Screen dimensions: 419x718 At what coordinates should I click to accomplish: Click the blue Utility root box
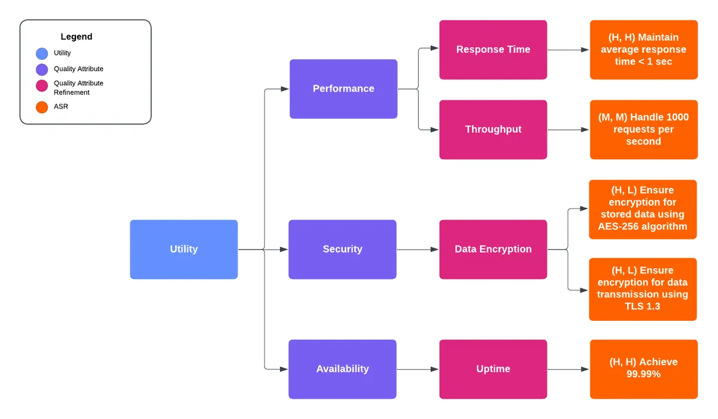pyautogui.click(x=184, y=249)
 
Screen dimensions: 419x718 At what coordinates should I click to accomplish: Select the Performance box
pyautogui.click(x=343, y=89)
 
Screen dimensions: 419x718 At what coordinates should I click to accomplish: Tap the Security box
pyautogui.click(x=342, y=249)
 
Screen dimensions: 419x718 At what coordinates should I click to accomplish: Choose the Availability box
pyautogui.click(x=342, y=369)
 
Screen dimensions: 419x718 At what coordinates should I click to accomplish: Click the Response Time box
pyautogui.click(x=493, y=50)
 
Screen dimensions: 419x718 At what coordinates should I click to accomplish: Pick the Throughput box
pyautogui.click(x=493, y=129)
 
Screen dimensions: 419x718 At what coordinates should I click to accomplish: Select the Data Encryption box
pyautogui.click(x=493, y=249)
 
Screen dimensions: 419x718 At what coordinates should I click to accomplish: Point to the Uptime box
pyautogui.click(x=493, y=369)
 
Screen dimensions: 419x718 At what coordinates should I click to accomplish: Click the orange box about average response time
pyautogui.click(x=643, y=50)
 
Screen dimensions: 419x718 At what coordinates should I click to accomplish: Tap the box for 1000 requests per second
pyautogui.click(x=643, y=129)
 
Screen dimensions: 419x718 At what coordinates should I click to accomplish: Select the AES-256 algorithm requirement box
pyautogui.click(x=643, y=209)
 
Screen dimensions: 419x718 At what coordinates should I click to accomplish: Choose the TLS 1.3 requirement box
pyautogui.click(x=643, y=289)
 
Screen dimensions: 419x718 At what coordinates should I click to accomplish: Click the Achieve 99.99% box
pyautogui.click(x=643, y=369)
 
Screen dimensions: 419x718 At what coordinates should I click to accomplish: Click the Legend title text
pyautogui.click(x=77, y=37)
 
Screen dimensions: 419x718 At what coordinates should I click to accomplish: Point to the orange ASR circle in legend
pyautogui.click(x=42, y=107)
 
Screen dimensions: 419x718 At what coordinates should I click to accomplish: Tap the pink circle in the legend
pyautogui.click(x=42, y=86)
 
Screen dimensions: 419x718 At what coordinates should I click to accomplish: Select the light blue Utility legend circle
pyautogui.click(x=42, y=53)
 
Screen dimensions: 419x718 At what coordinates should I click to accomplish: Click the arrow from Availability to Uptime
pyautogui.click(x=418, y=369)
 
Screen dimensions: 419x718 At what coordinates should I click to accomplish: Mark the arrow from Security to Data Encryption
pyautogui.click(x=418, y=250)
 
